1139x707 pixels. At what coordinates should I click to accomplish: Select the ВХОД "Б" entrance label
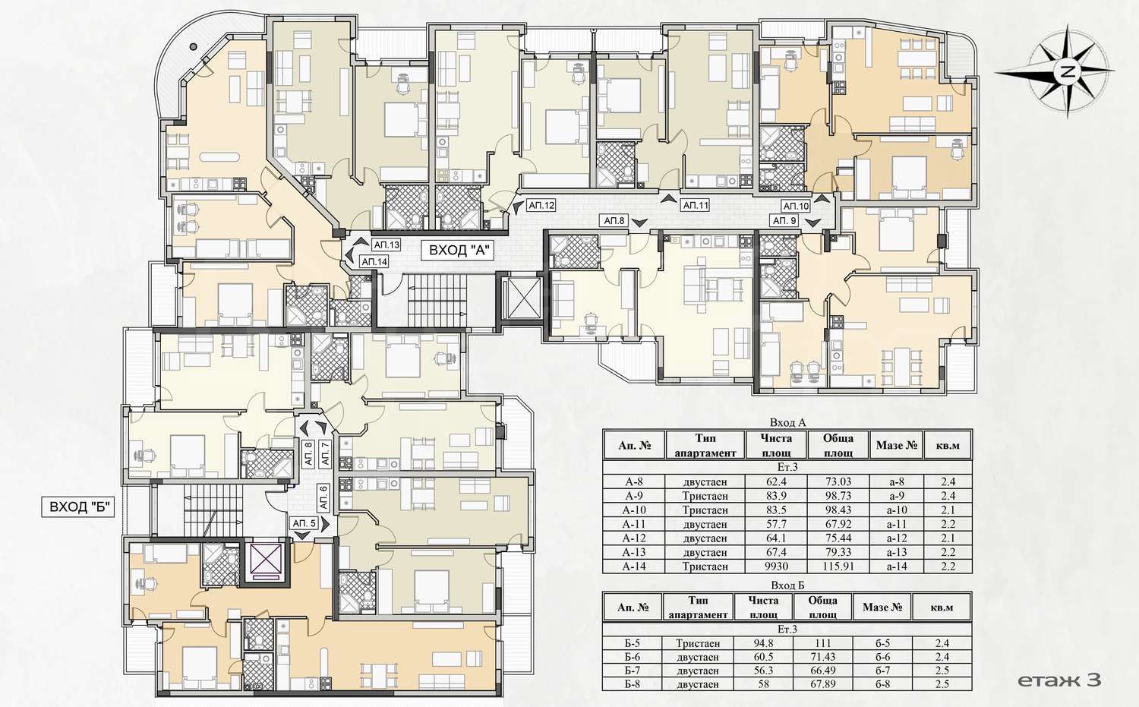pos(78,507)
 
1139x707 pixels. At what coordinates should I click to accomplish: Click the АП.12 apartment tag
pos(541,206)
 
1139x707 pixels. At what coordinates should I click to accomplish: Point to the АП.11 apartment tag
pos(695,206)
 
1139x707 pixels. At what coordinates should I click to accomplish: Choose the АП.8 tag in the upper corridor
pos(614,221)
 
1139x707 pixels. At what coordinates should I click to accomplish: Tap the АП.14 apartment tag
pos(374,262)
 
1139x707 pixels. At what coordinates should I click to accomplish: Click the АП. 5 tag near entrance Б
pos(304,523)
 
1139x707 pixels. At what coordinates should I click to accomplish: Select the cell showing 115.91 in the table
pos(838,566)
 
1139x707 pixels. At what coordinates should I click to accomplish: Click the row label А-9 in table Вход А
pos(634,496)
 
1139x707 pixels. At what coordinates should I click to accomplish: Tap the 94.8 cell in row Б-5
pos(763,643)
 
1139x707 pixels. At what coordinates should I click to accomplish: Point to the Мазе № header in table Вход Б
pos(882,608)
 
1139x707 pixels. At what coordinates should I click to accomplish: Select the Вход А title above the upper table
pos(787,423)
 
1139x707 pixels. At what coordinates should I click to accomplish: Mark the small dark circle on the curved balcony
pos(193,46)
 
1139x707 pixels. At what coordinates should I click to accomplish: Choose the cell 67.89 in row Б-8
pos(822,684)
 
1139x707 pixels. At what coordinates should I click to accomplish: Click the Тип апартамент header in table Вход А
pos(705,446)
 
